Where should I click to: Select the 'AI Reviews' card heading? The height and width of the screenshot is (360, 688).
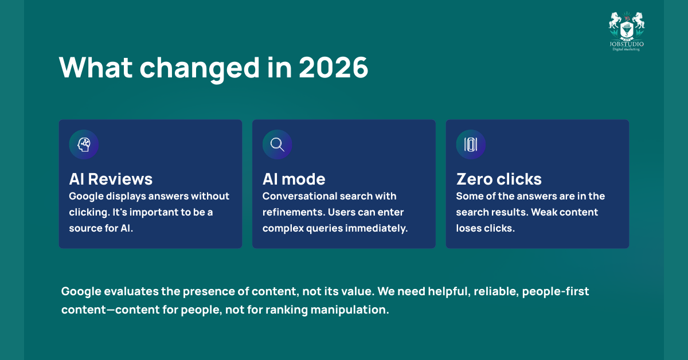111,179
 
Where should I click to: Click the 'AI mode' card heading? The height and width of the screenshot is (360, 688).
294,179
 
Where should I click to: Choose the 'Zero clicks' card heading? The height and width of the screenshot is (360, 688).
499,179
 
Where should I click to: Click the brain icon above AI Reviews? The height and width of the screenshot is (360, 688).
84,144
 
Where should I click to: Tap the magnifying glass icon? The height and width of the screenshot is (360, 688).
277,144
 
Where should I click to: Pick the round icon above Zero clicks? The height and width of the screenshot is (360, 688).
471,144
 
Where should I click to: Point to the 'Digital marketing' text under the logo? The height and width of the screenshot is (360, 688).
627,49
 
